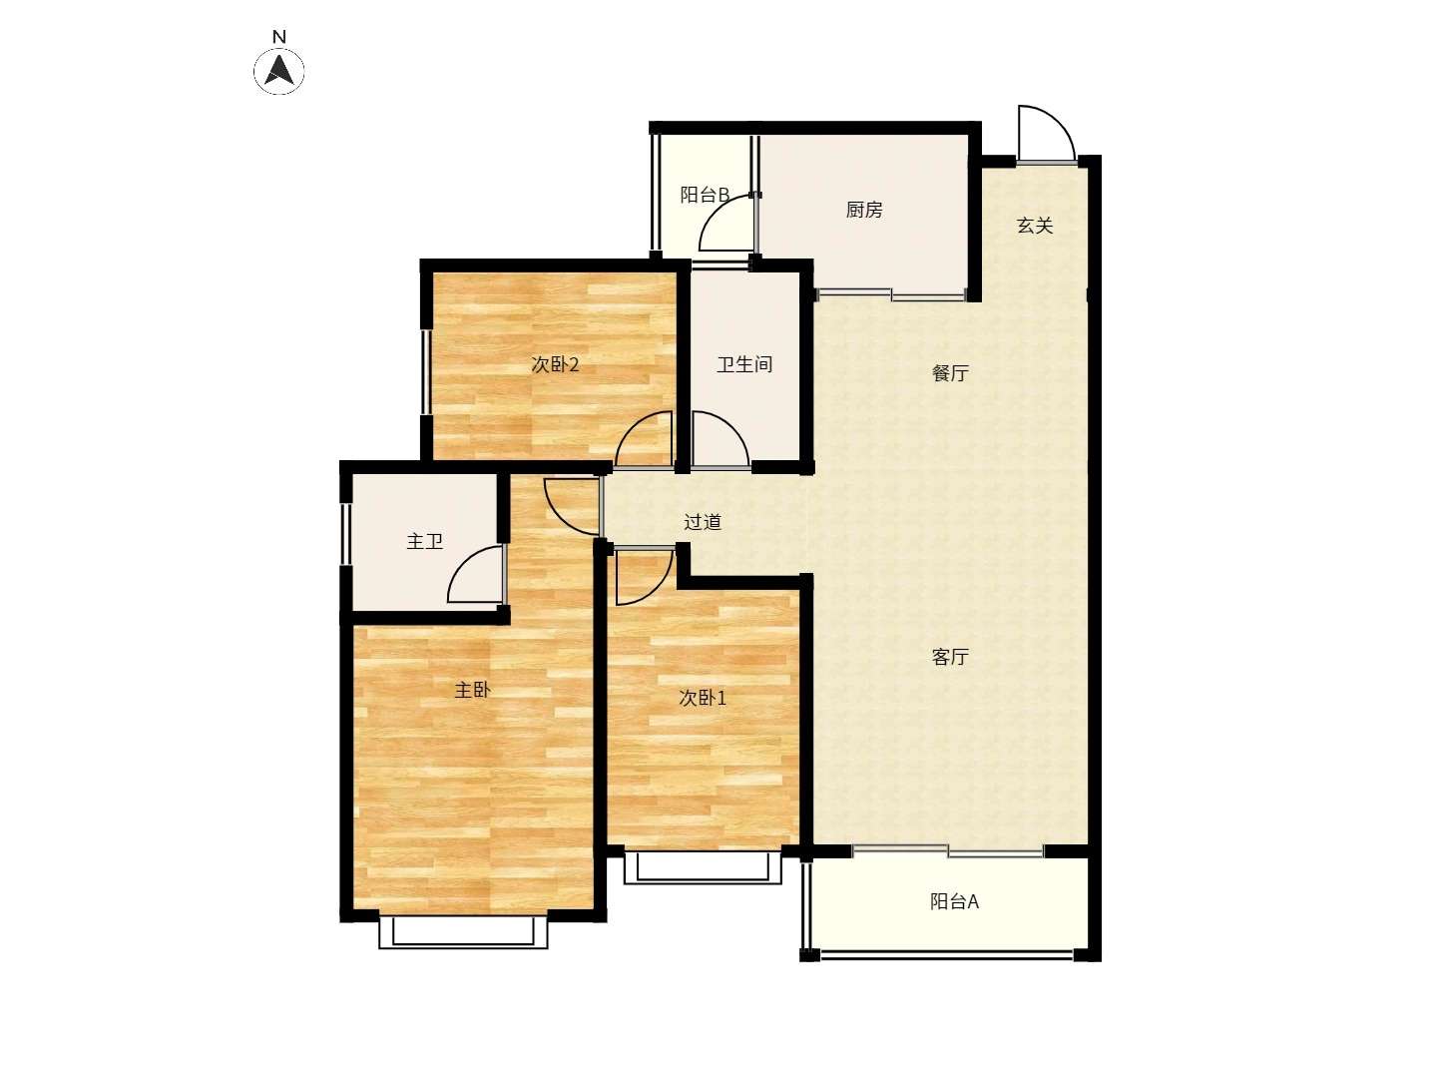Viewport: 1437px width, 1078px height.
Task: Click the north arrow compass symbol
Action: pyautogui.click(x=278, y=70)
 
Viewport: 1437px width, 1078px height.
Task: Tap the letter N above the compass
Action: pyautogui.click(x=279, y=37)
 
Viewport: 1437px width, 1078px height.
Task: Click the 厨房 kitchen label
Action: pyautogui.click(x=863, y=210)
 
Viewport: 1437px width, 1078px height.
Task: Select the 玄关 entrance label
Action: pyautogui.click(x=1035, y=226)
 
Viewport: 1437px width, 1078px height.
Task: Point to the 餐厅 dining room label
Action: pyautogui.click(x=949, y=373)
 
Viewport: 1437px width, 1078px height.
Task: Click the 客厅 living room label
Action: pyautogui.click(x=949, y=657)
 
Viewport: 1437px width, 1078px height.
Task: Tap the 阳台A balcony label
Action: pyautogui.click(x=954, y=901)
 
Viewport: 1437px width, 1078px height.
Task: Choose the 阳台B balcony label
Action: pyautogui.click(x=705, y=195)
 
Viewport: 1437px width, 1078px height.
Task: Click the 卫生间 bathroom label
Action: pyautogui.click(x=744, y=364)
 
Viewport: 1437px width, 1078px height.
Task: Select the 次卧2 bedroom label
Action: pyautogui.click(x=555, y=364)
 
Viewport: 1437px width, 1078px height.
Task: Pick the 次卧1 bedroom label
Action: pyautogui.click(x=703, y=699)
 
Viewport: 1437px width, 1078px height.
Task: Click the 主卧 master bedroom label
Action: pyautogui.click(x=472, y=690)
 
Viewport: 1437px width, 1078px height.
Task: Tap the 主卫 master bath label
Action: pyautogui.click(x=424, y=541)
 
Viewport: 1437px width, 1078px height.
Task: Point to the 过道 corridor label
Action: pyautogui.click(x=703, y=522)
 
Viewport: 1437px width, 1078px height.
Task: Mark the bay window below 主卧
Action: pyautogui.click(x=463, y=932)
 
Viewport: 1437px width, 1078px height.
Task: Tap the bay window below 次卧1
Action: pyautogui.click(x=703, y=867)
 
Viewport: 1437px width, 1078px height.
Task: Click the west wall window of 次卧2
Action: pyautogui.click(x=425, y=371)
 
